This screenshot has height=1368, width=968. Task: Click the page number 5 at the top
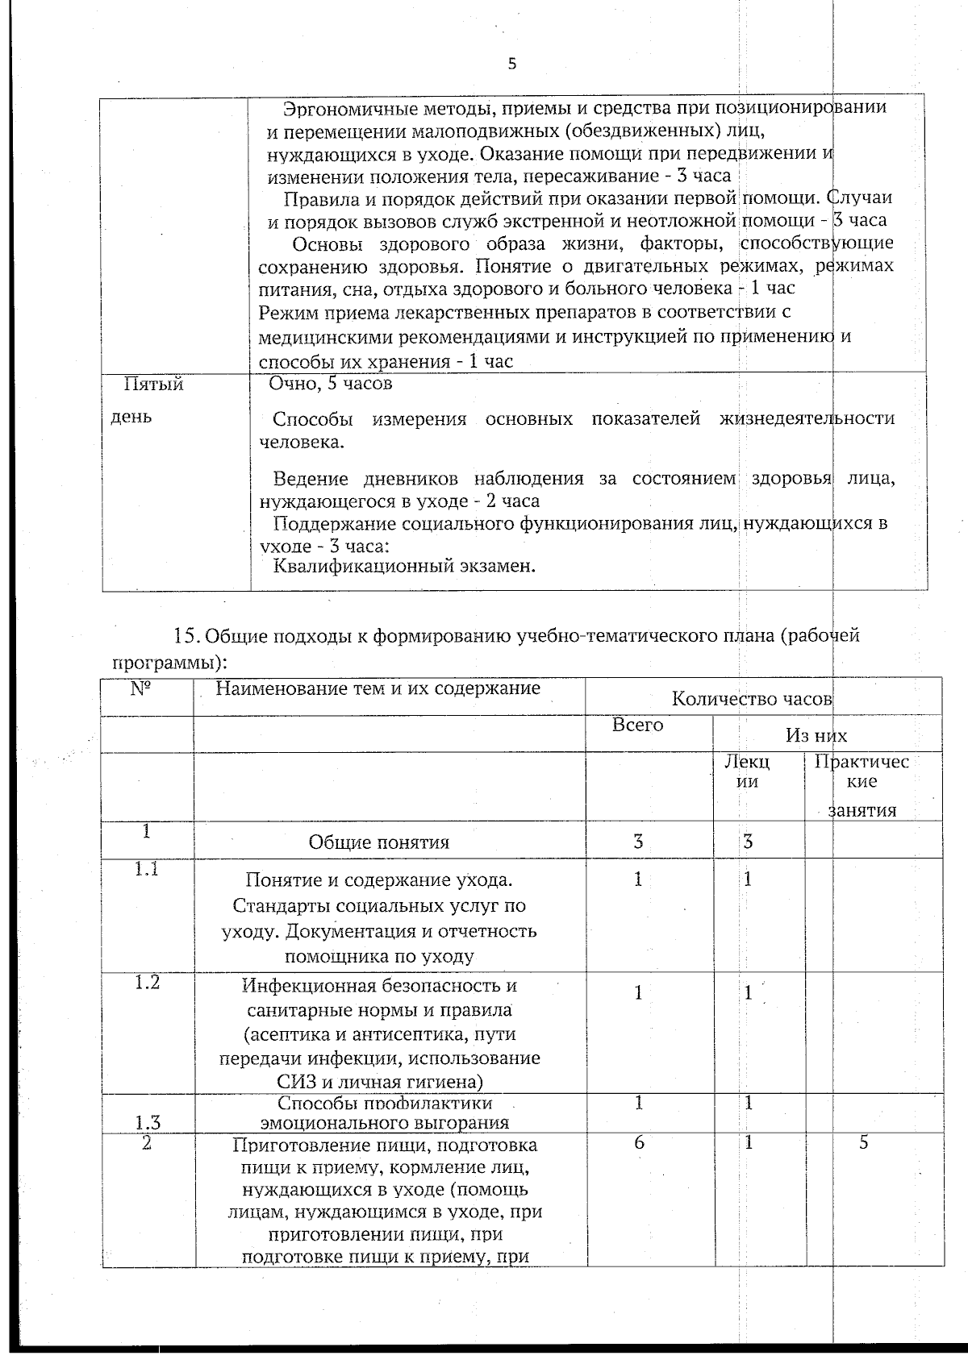(511, 65)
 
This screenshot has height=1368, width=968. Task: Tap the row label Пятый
(152, 385)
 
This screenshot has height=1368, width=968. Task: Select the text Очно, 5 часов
(331, 384)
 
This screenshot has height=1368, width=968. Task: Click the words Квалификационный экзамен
(405, 566)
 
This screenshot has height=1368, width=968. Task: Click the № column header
(147, 690)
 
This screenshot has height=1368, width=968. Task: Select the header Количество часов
(751, 699)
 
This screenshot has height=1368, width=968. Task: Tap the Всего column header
(637, 725)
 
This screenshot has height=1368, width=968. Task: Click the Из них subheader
(816, 735)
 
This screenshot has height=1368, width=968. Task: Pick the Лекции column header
(748, 771)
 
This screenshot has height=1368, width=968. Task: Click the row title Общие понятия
(379, 843)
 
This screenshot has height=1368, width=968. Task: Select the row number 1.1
(146, 870)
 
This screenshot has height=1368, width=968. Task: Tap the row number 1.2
(147, 983)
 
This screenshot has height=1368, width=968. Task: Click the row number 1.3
(147, 1122)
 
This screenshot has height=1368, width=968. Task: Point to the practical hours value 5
(863, 1142)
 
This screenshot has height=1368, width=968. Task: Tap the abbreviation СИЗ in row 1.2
(298, 1082)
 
